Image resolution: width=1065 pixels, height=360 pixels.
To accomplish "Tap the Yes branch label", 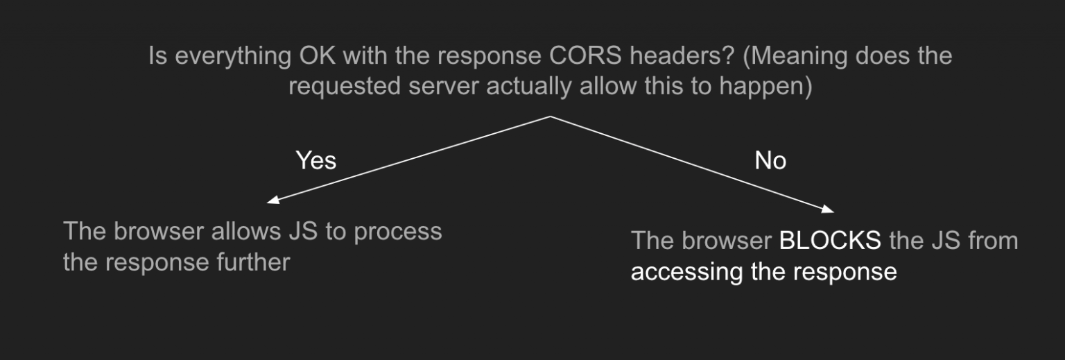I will (315, 161).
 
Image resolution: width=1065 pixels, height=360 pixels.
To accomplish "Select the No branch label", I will (770, 161).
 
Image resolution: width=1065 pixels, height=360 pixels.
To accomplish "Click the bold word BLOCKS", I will (830, 241).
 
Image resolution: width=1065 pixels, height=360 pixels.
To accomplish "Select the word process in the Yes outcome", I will (397, 231).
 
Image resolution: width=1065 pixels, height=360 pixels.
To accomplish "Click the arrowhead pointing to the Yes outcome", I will (271, 202).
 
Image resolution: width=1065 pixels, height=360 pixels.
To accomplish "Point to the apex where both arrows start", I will (551, 117).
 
